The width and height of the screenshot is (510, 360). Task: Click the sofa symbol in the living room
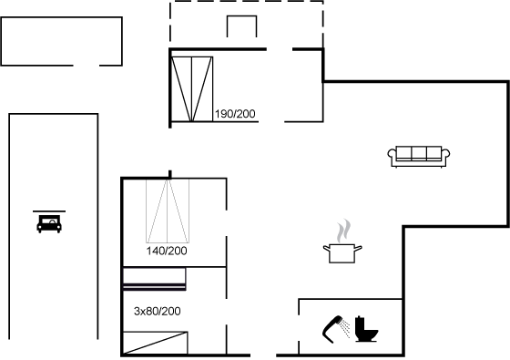419,157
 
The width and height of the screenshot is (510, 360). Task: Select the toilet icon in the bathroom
366,329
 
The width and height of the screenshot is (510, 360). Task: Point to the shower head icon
332,329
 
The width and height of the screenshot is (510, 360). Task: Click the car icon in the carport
49,224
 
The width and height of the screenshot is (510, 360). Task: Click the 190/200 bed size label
235,114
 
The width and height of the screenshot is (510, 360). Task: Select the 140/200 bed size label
167,251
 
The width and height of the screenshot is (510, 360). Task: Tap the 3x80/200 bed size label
157,311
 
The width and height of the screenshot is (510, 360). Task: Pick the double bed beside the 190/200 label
192,89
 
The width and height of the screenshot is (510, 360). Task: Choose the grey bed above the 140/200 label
168,211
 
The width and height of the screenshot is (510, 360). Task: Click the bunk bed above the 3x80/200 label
154,279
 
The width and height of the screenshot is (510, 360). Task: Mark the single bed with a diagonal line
155,343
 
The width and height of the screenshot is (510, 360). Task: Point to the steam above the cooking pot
343,231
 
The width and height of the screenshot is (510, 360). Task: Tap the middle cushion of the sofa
419,152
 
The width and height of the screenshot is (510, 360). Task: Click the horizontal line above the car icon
49,211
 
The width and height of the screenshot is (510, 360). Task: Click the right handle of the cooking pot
358,249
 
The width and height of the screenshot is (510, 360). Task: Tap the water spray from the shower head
345,328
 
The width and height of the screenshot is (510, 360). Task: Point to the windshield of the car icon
49,221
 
